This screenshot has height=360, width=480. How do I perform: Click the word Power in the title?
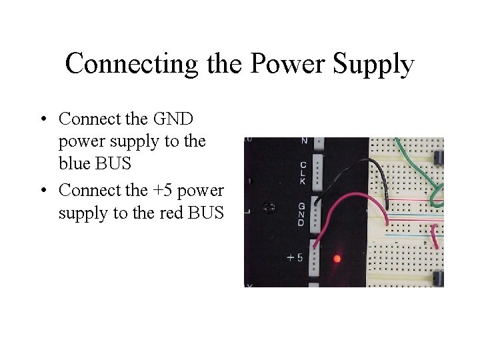click(281, 64)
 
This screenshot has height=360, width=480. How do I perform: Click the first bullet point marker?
click(43, 119)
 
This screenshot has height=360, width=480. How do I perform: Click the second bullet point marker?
click(43, 191)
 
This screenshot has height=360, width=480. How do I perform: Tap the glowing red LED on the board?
click(337, 258)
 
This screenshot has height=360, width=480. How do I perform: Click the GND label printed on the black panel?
click(301, 214)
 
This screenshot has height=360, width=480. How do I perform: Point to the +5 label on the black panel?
click(296, 258)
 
